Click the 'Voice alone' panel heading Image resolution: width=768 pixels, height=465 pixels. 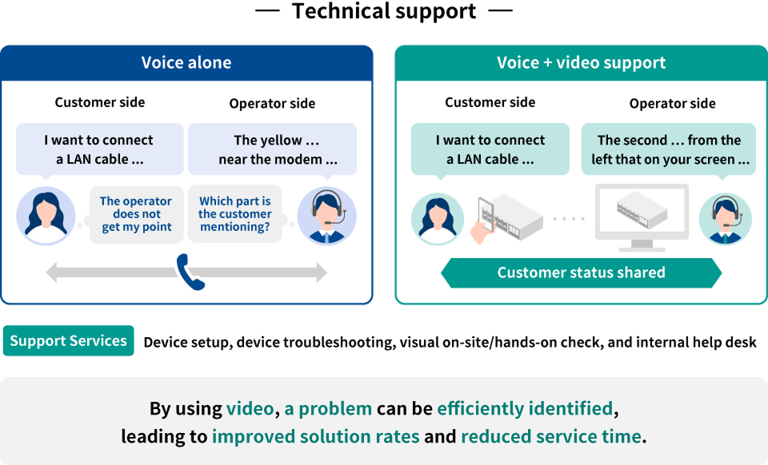(186, 62)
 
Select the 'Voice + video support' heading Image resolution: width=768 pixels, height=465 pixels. (581, 62)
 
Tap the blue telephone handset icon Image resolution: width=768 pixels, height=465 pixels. (190, 272)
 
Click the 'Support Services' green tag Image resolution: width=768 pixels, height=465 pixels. (69, 340)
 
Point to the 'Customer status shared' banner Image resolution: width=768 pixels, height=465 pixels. (581, 272)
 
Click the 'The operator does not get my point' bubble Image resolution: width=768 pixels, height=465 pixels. (136, 214)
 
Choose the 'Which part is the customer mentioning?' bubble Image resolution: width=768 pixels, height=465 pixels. (234, 214)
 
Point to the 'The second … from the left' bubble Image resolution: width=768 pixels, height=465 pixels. (670, 149)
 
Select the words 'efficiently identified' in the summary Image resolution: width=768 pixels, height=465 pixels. (525, 409)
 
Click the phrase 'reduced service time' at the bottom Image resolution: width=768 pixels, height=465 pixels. (551, 437)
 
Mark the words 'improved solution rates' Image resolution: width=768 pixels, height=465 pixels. (315, 437)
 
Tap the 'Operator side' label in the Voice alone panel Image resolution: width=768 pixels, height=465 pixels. (272, 104)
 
